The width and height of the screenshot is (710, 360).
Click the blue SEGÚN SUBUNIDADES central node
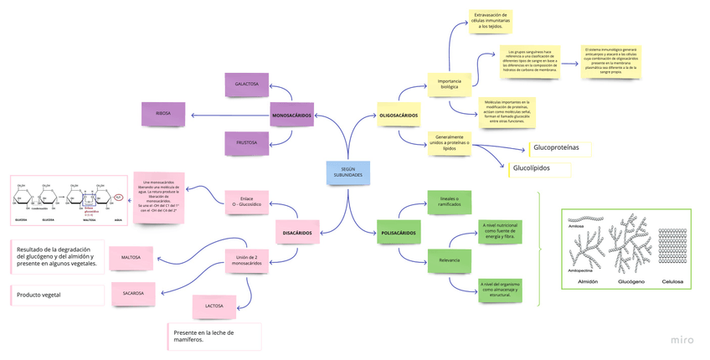pyautogui.click(x=347, y=173)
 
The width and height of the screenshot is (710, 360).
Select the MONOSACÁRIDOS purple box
pyautogui.click(x=292, y=115)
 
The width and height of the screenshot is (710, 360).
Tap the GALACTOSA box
pyautogui.click(x=246, y=85)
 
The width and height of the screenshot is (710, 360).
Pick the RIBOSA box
pyautogui.click(x=163, y=114)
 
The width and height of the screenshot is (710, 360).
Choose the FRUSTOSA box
pyautogui.click(x=246, y=143)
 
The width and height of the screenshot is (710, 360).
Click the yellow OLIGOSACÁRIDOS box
pyautogui.click(x=399, y=115)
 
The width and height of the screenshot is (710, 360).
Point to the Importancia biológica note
pyautogui.click(x=449, y=83)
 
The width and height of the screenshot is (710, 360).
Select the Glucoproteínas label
pyautogui.click(x=557, y=148)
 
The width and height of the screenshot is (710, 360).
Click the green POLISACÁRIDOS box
pyautogui.click(x=399, y=233)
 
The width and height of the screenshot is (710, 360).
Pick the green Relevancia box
pyautogui.click(x=449, y=260)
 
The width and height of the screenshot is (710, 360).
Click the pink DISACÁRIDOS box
pyautogui.click(x=296, y=233)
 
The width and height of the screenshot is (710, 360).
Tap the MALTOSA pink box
pyautogui.click(x=131, y=258)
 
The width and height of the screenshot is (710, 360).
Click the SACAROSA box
pyautogui.click(x=133, y=294)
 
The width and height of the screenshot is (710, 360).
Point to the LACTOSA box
pyautogui.click(x=214, y=306)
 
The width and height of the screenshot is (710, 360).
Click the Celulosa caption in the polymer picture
pyautogui.click(x=671, y=282)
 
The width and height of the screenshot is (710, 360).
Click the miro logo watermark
pyautogui.click(x=682, y=340)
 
